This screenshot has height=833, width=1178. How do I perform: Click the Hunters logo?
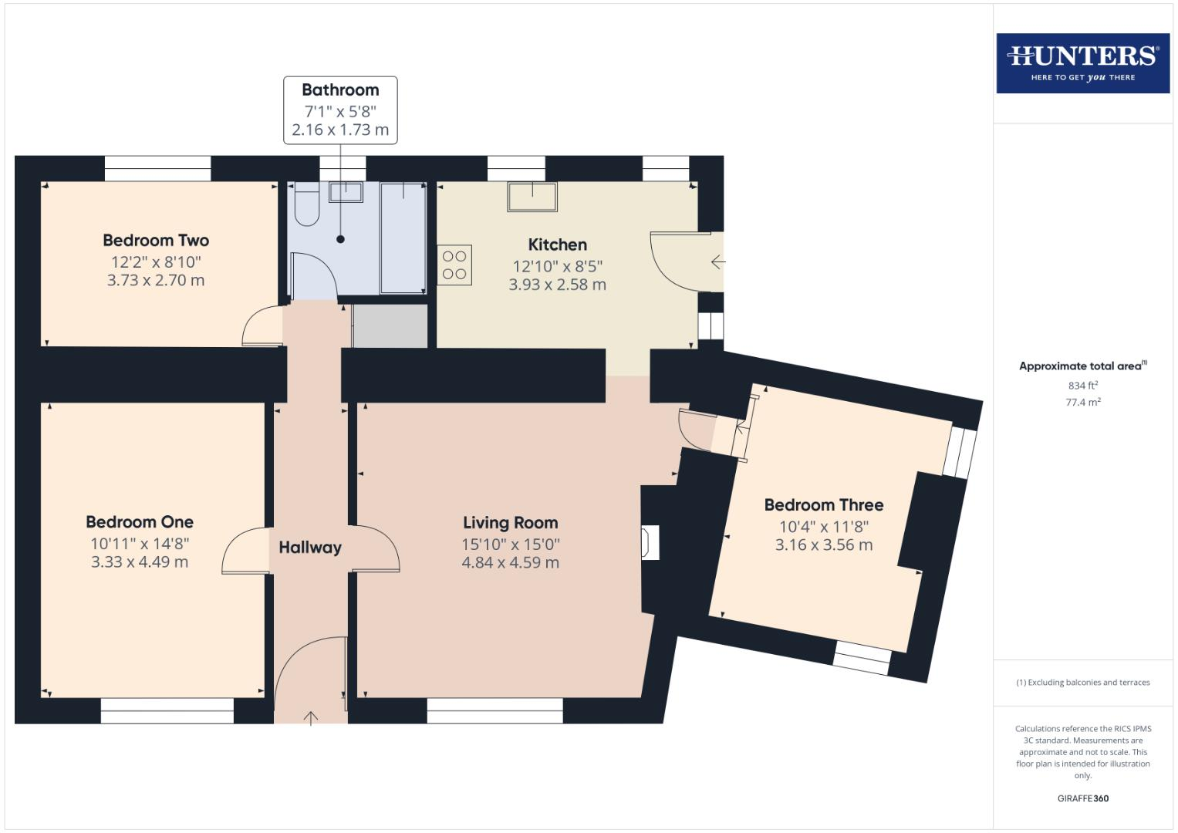(x=1082, y=62)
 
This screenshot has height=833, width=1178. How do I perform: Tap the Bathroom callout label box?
(x=340, y=110)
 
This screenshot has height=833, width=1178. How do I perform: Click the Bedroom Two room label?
(x=156, y=241)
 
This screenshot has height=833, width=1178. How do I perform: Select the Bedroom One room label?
(x=140, y=522)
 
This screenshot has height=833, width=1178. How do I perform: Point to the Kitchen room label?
(x=557, y=245)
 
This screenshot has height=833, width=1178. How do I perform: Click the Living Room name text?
(x=510, y=523)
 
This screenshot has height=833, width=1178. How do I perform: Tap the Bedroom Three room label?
(x=823, y=505)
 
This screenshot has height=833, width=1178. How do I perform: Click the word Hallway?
(x=310, y=548)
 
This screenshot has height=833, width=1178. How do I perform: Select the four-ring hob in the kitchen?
(x=454, y=265)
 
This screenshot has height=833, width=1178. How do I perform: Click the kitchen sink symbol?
(x=532, y=196)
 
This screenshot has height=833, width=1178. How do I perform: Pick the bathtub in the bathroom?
(x=403, y=238)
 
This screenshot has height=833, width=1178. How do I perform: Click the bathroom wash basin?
(x=346, y=192)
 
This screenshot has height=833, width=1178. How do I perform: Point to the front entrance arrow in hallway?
(x=310, y=718)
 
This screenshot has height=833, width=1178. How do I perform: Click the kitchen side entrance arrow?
(x=717, y=262)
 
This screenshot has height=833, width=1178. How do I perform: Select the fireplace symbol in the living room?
(x=650, y=542)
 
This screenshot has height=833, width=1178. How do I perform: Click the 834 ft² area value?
(x=1082, y=386)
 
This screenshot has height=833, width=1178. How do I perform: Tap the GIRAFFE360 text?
(x=1082, y=798)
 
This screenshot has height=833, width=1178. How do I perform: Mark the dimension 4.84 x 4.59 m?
(x=510, y=563)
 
